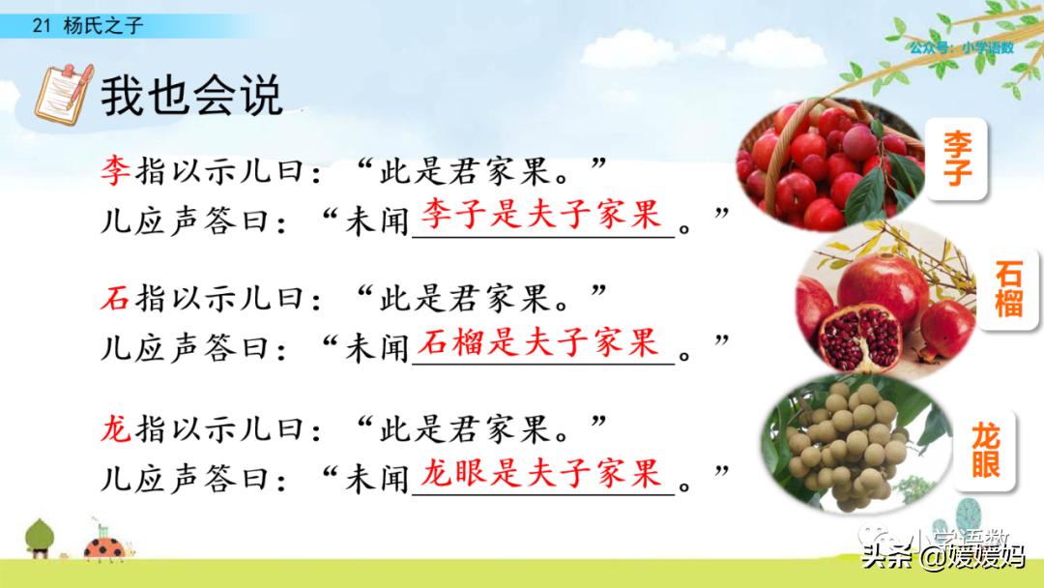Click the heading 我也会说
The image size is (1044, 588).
(191, 96)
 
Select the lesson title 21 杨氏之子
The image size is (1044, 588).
(87, 26)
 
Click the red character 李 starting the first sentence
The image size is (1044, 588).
(115, 170)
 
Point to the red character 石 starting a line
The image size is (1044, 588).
(115, 297)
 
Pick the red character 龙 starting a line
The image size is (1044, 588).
(115, 427)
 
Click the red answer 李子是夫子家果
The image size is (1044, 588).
(540, 214)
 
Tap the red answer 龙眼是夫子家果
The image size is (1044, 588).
(540, 473)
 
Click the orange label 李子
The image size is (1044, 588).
(957, 160)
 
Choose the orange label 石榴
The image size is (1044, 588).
(1008, 288)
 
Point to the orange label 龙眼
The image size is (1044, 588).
(985, 451)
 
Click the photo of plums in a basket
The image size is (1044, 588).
(830, 164)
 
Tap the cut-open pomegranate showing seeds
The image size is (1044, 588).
(859, 338)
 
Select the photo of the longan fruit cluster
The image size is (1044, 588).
(856, 443)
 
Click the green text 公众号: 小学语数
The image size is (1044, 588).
(962, 47)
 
